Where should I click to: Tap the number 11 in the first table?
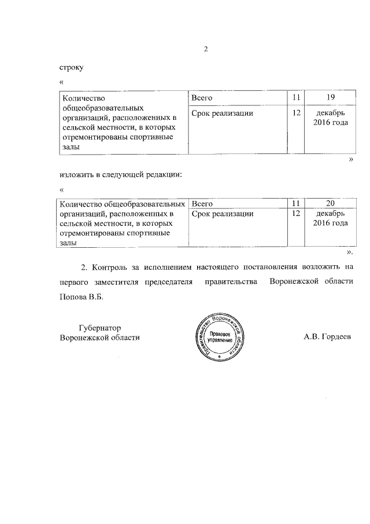pyautogui.click(x=297, y=97)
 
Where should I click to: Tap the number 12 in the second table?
pyautogui.click(x=297, y=214)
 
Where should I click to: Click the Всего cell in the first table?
pyautogui.click(x=202, y=97)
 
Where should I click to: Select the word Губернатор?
pyautogui.click(x=99, y=327)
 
